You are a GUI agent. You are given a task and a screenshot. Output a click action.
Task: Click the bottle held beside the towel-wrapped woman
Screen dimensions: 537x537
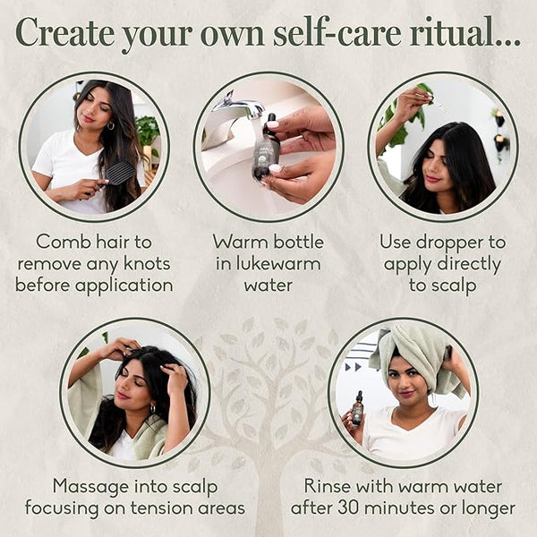pos(357,409)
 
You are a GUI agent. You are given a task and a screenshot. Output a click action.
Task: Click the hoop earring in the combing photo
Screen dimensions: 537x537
pos(111,125)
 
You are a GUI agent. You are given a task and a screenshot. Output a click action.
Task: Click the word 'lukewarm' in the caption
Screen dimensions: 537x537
pos(268,264)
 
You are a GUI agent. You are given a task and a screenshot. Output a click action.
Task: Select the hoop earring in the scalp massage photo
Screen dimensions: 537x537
pos(153,409)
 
